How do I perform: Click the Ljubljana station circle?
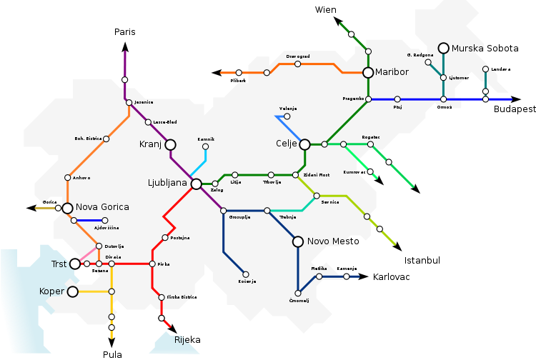(x=197, y=184)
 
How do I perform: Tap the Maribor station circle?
(x=368, y=72)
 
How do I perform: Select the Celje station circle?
(x=304, y=144)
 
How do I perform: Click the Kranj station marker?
(x=170, y=144)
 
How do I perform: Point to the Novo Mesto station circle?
(x=298, y=241)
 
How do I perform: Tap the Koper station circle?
(x=72, y=291)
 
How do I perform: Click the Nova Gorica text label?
(x=102, y=207)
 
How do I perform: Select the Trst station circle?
(x=75, y=264)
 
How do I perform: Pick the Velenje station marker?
(x=287, y=116)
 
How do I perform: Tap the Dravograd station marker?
(x=297, y=64)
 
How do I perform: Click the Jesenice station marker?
(x=129, y=102)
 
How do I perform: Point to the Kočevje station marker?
(x=245, y=274)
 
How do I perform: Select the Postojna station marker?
(x=165, y=237)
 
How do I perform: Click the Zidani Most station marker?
(x=295, y=174)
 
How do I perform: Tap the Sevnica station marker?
(x=317, y=195)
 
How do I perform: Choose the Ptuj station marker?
(x=397, y=99)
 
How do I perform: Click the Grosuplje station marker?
(x=223, y=211)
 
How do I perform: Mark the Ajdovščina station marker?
(x=105, y=220)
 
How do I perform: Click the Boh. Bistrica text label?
(x=89, y=138)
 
